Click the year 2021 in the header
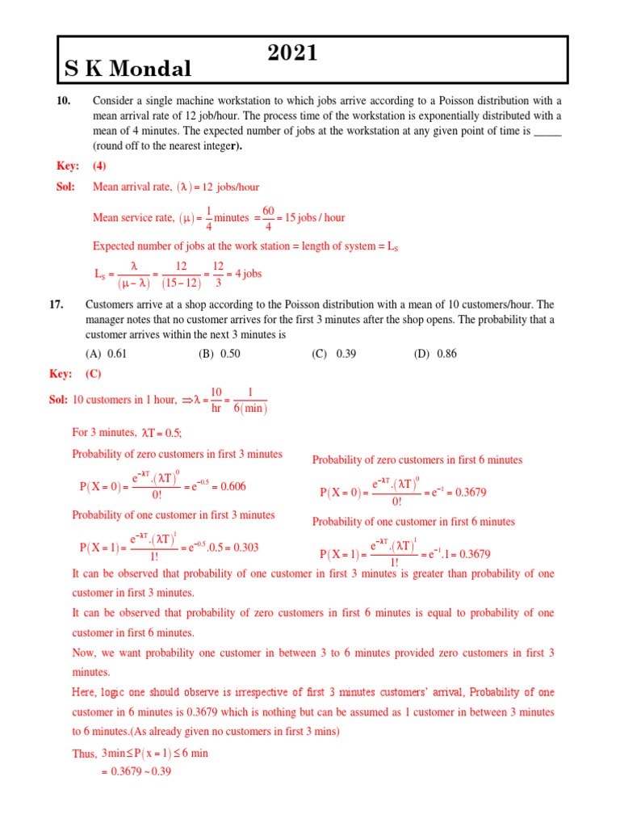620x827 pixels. click(292, 53)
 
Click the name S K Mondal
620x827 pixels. click(128, 69)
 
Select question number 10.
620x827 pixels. click(64, 101)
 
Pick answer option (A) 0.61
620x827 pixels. click(107, 354)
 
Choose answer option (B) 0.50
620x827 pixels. click(220, 354)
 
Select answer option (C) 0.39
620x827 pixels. click(334, 354)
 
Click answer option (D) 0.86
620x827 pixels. click(437, 354)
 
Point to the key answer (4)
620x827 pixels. click(98, 166)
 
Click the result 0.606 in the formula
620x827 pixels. click(233, 486)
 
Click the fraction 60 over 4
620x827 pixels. click(268, 217)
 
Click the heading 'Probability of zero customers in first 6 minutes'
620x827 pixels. click(417, 460)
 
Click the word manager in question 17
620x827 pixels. click(111, 319)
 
